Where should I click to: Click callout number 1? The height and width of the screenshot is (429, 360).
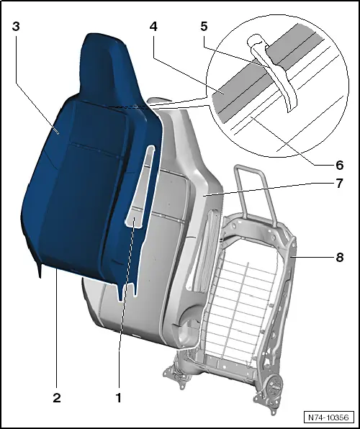[x=119, y=397]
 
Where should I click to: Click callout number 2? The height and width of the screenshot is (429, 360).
[x=55, y=397]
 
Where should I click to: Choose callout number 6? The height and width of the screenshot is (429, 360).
[x=339, y=165]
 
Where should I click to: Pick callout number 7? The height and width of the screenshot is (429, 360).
[x=339, y=184]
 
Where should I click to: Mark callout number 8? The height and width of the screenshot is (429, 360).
[x=339, y=256]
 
